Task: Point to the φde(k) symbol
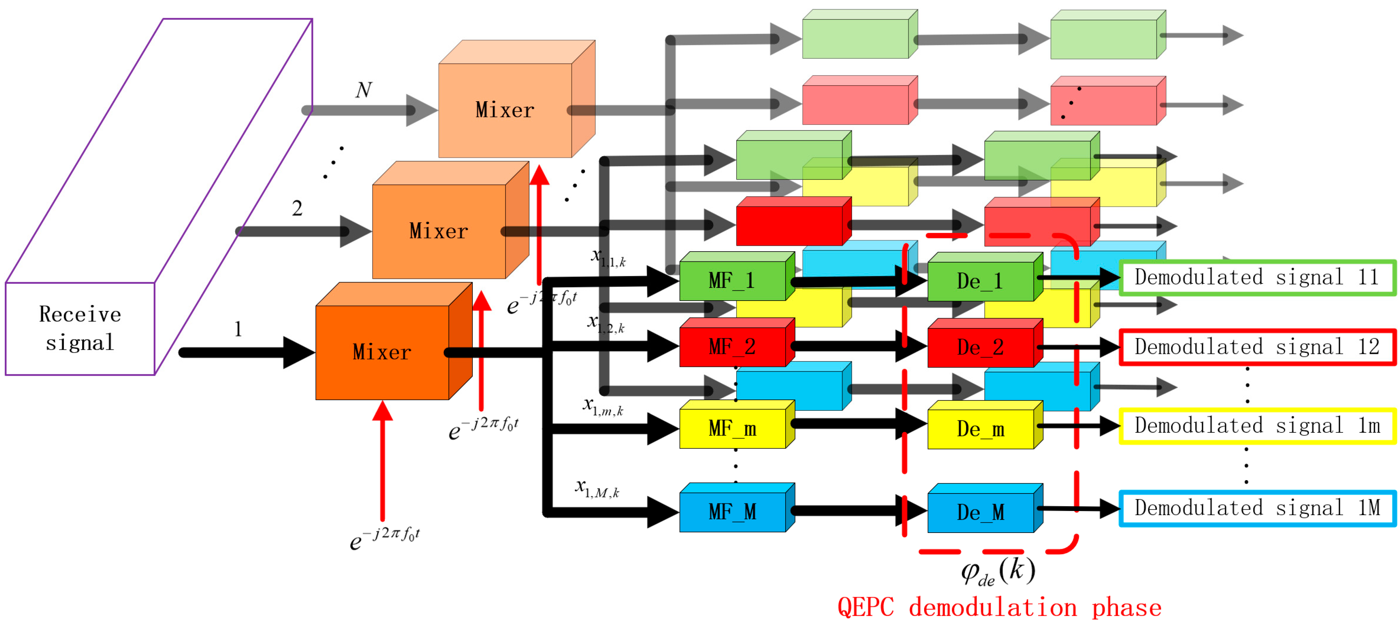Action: pyautogui.click(x=998, y=571)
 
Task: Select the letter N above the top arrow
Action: pyautogui.click(x=363, y=90)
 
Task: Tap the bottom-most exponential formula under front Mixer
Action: pyautogui.click(x=385, y=538)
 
